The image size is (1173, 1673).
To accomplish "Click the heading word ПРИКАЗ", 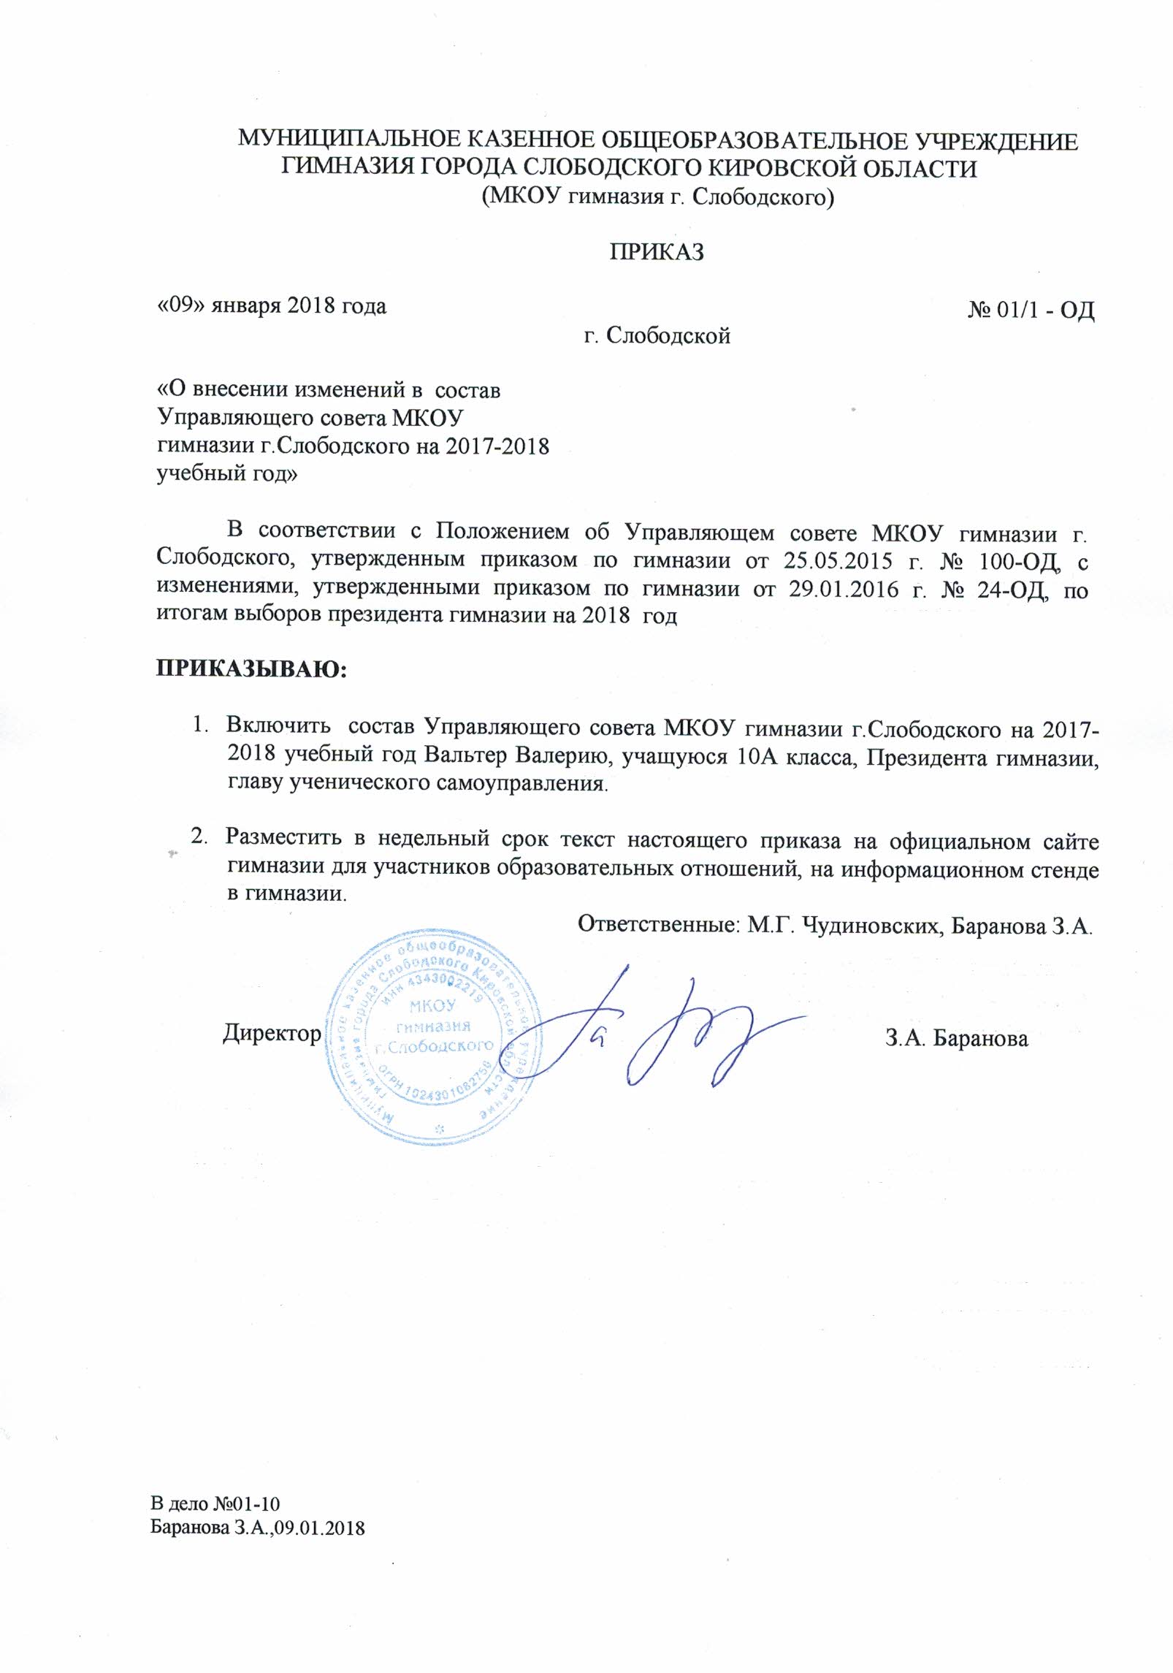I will [657, 251].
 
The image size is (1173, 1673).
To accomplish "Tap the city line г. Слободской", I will [657, 335].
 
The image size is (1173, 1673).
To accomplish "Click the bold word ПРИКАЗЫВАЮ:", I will [251, 668].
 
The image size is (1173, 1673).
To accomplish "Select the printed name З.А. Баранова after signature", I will [957, 1038].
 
